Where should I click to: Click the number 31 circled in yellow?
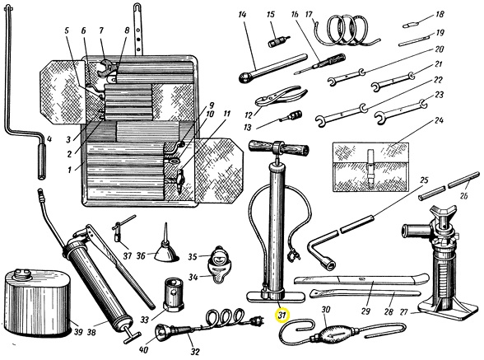click(282, 316)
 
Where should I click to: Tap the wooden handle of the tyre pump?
click(279, 148)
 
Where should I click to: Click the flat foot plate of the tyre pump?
click(276, 297)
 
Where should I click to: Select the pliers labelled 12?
click(281, 96)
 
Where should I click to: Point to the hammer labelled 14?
click(273, 68)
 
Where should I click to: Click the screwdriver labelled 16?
click(320, 64)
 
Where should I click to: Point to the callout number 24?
click(439, 120)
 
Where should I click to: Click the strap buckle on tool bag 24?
click(370, 168)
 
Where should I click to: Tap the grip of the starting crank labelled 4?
click(42, 161)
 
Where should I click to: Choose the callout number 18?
click(440, 14)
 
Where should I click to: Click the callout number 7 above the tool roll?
click(101, 30)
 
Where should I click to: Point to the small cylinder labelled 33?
click(174, 294)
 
